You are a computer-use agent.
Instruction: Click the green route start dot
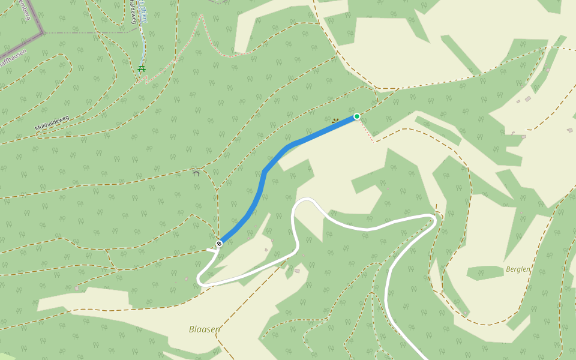pos(357,116)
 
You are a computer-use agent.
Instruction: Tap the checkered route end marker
pos(220,243)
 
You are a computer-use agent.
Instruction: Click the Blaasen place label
pos(204,329)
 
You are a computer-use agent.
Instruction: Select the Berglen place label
pos(518,269)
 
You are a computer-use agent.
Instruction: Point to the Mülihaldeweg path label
pos(52,124)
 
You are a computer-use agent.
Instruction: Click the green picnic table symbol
pos(142,68)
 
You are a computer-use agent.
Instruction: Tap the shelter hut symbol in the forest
pos(196,173)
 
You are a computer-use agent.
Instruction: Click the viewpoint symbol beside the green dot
pos(335,121)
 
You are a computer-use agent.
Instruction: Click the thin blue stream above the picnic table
pos(143,42)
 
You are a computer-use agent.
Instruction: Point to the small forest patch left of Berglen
pos(485,273)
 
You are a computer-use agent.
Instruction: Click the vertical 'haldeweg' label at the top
pos(132,12)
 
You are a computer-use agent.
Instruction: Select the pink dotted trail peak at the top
pos(202,16)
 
